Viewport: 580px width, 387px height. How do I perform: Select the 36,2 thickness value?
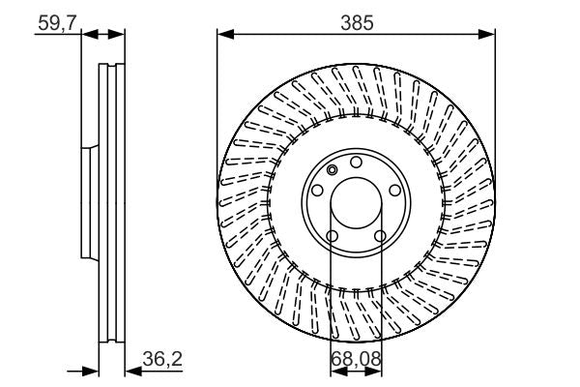[160, 358]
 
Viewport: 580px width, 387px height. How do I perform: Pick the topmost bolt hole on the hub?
[356, 162]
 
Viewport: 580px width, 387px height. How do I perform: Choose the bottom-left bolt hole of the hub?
[333, 236]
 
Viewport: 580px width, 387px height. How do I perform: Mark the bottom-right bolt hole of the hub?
[380, 236]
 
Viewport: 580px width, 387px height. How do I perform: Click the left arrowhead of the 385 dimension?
[223, 34]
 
